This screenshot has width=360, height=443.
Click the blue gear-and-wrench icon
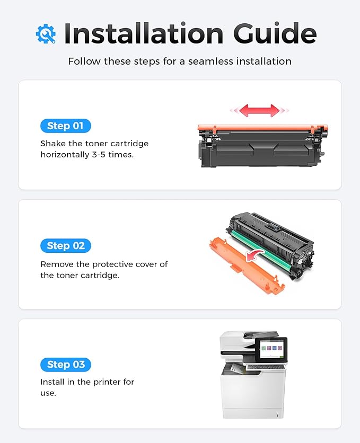(x=46, y=34)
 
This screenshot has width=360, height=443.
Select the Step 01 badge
(x=66, y=126)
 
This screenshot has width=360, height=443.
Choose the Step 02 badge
(x=66, y=246)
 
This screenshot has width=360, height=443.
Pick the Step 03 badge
(x=66, y=365)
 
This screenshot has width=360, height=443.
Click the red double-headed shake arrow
(x=259, y=110)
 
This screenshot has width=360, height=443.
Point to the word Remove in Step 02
(x=57, y=264)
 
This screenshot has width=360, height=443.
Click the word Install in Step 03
(x=54, y=382)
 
